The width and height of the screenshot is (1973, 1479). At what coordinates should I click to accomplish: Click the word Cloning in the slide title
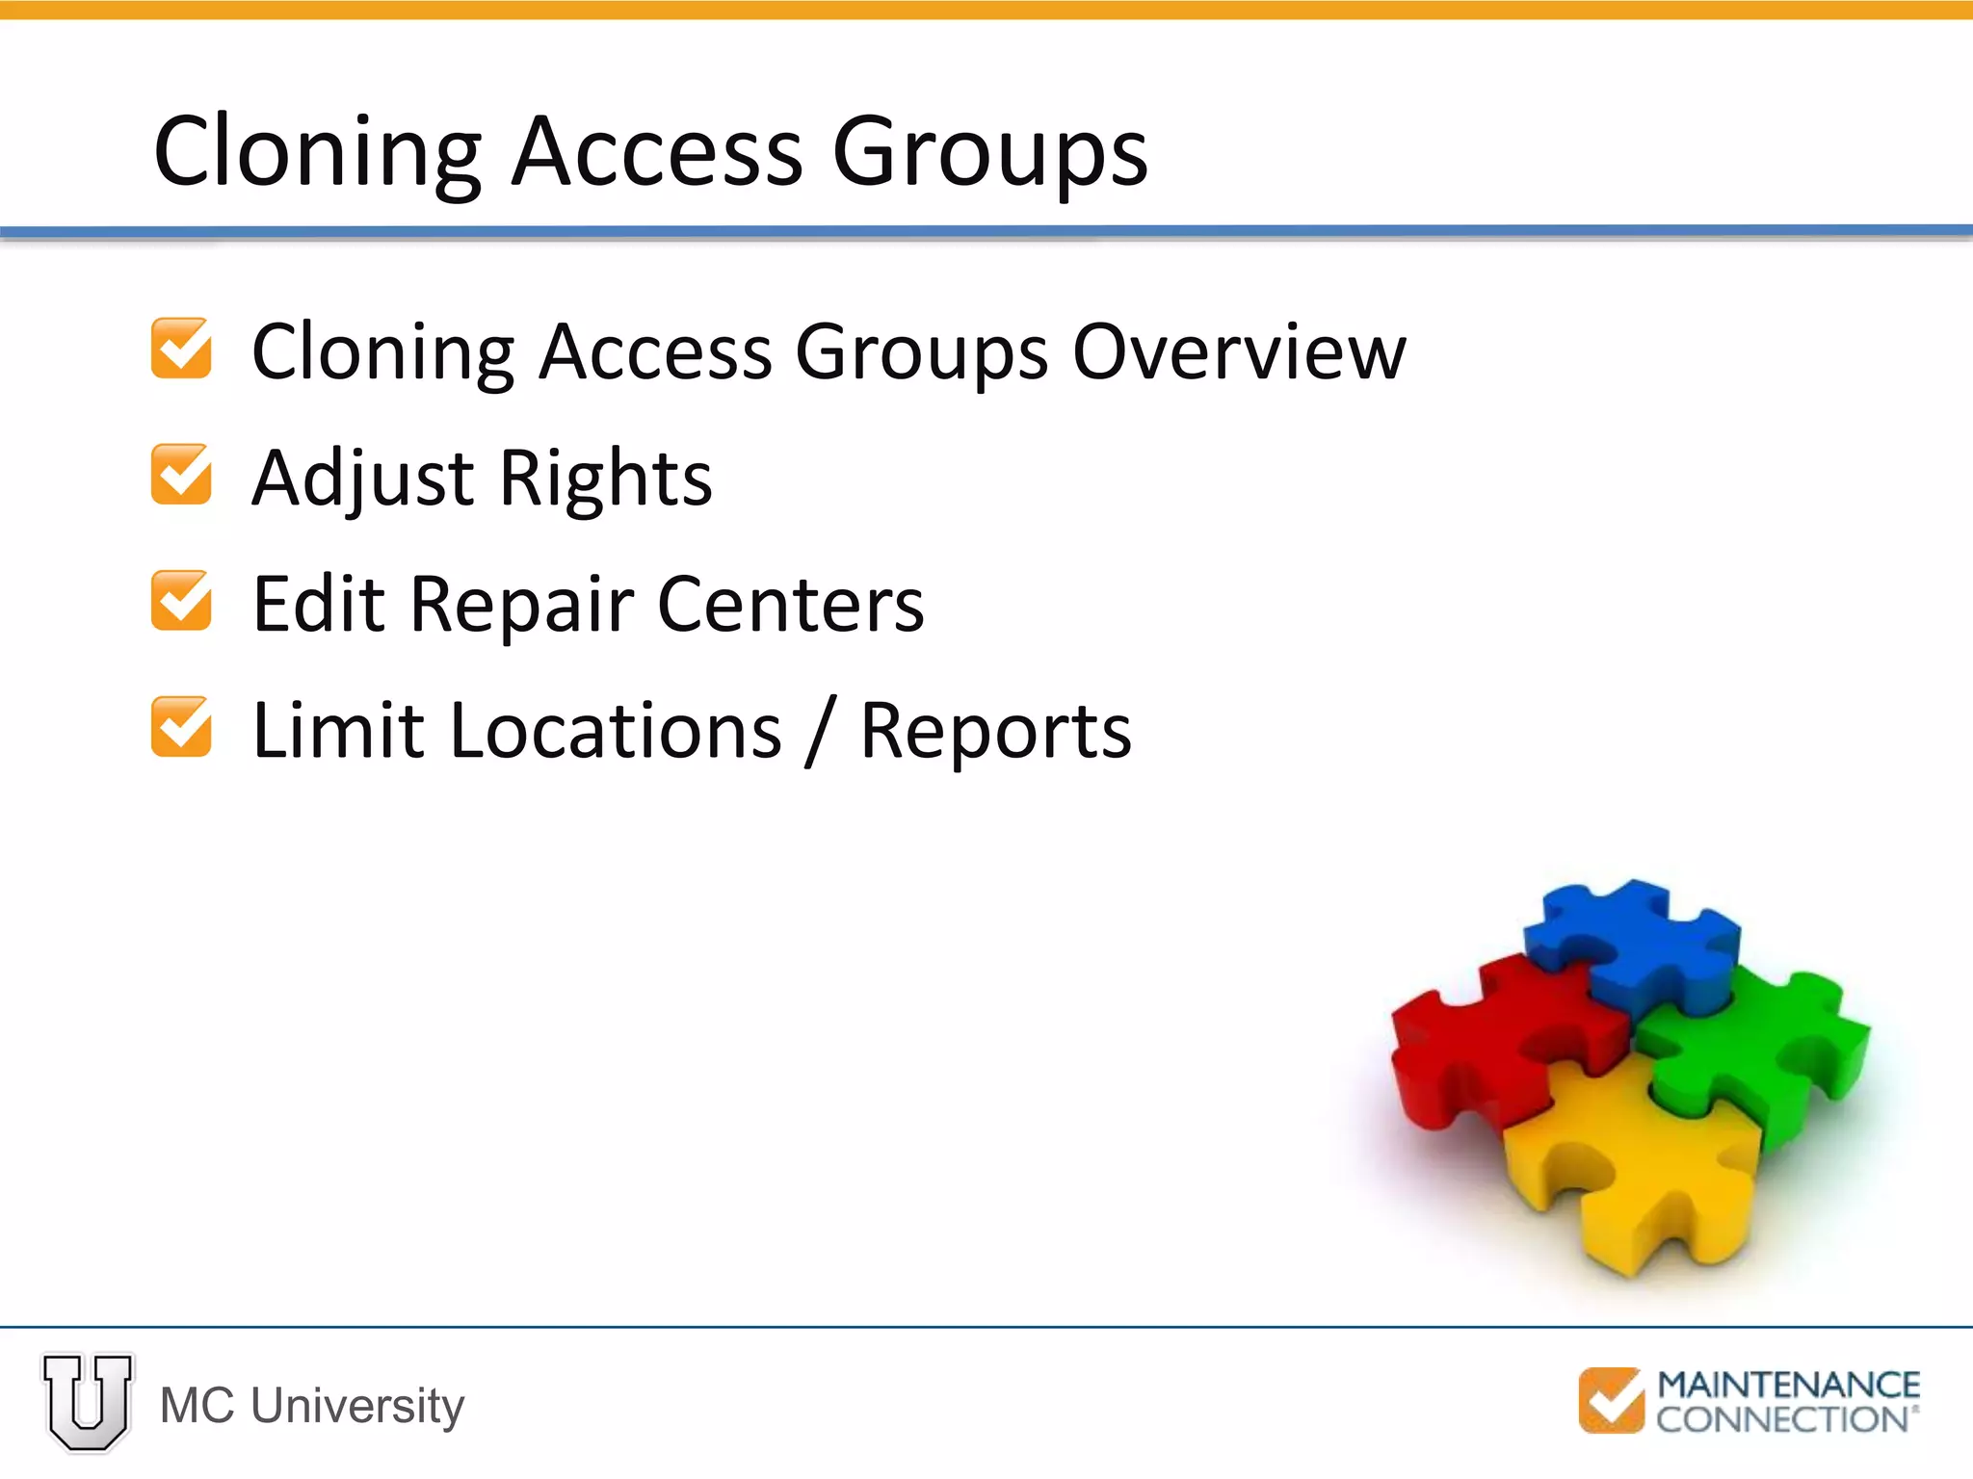coord(317,152)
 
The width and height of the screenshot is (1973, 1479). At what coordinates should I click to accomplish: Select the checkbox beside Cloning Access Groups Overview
coord(181,349)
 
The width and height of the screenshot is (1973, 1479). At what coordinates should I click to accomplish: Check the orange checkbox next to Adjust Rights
coord(181,475)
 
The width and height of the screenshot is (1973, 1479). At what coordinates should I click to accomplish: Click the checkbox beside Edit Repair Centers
coord(181,601)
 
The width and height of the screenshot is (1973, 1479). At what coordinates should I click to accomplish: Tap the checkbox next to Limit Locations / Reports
coord(181,727)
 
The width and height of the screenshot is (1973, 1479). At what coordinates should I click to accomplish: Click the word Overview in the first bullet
coord(1239,352)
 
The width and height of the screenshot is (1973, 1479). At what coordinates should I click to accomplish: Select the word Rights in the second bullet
coord(606,479)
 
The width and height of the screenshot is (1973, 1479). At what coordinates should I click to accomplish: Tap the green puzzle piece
coord(1763,1050)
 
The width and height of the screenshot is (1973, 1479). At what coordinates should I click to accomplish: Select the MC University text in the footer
coord(312,1405)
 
